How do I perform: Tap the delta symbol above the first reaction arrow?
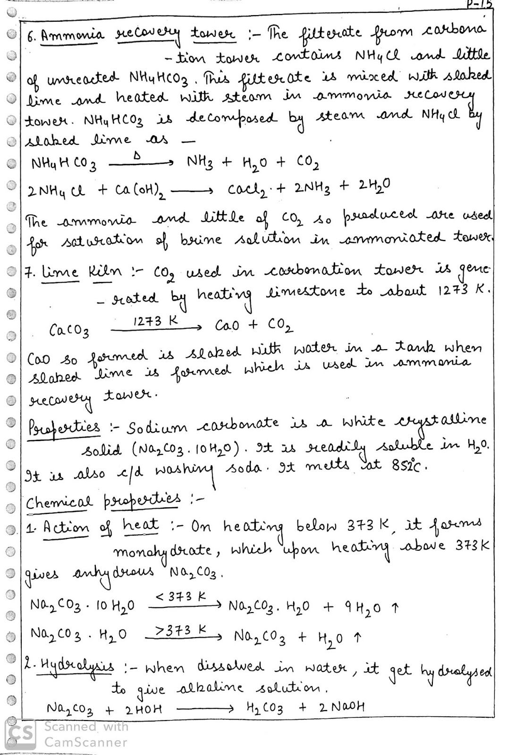coord(136,156)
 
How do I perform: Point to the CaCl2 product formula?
coord(249,190)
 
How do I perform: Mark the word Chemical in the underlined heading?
coord(59,502)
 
